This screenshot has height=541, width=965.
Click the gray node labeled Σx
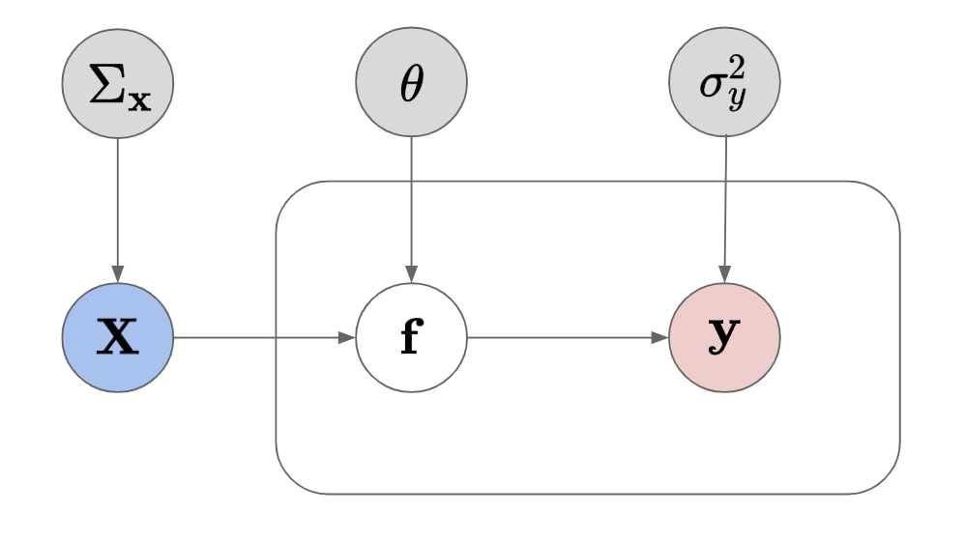pos(117,84)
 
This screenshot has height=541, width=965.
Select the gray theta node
pos(412,84)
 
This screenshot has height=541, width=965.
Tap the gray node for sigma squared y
pos(724,84)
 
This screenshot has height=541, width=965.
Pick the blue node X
pos(117,339)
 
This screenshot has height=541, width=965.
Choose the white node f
pos(412,339)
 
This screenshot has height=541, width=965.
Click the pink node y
pos(724,339)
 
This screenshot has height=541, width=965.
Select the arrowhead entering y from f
pos(660,339)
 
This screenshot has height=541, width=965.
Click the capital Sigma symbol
pos(105,84)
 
